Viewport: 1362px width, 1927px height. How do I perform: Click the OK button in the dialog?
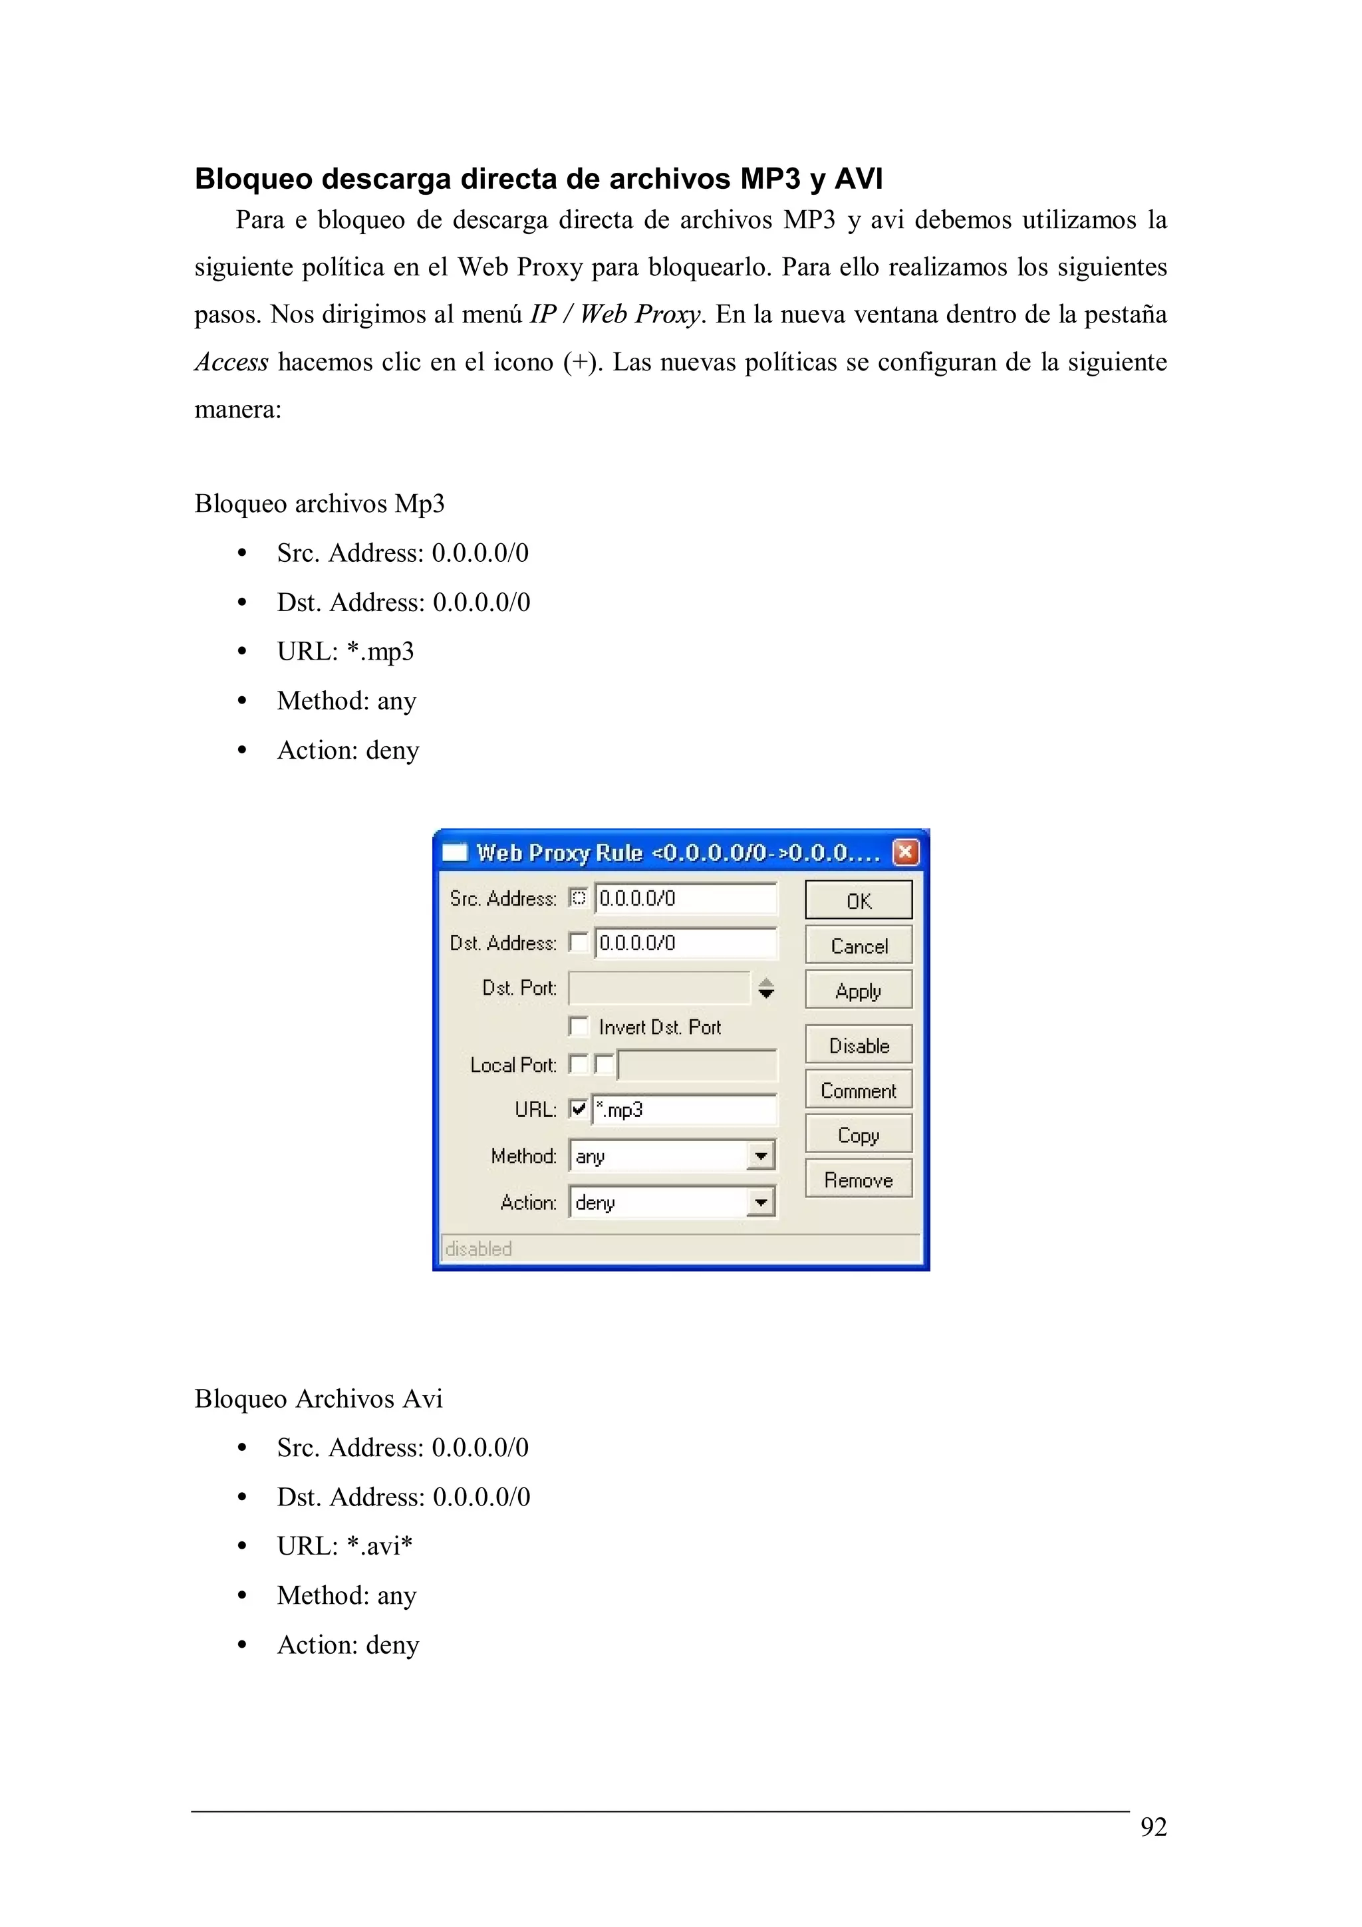click(x=858, y=900)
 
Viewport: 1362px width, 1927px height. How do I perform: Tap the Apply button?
click(x=858, y=990)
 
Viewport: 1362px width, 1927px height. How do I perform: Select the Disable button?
click(x=858, y=1045)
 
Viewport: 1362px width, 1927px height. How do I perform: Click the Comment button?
click(x=858, y=1091)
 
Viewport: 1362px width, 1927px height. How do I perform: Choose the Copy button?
click(x=858, y=1134)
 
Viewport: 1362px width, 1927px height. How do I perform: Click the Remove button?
click(x=858, y=1179)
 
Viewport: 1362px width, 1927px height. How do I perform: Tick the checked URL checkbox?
click(x=578, y=1108)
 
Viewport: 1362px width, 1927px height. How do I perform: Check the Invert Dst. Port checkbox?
click(x=578, y=1025)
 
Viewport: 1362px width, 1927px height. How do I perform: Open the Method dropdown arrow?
click(x=760, y=1156)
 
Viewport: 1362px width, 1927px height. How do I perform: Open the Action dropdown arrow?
click(x=760, y=1202)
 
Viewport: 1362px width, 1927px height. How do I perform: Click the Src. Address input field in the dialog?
click(x=685, y=898)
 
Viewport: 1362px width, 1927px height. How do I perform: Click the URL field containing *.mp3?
click(x=683, y=1110)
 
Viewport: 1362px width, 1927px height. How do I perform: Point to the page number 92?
click(x=1153, y=1827)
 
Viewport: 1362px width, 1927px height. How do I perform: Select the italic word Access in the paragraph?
click(x=231, y=362)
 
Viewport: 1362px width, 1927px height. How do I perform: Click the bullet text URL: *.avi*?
click(x=344, y=1546)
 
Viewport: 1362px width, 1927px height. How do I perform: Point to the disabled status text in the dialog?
click(x=478, y=1249)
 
